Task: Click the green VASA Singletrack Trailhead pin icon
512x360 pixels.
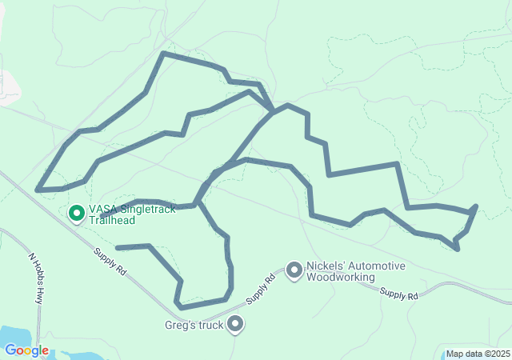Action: click(x=77, y=213)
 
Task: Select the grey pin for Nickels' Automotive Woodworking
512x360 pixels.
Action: click(x=294, y=271)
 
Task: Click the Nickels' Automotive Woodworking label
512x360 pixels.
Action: click(x=355, y=272)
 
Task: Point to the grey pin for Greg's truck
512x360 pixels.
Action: click(x=235, y=324)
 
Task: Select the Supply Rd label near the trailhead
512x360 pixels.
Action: click(x=110, y=262)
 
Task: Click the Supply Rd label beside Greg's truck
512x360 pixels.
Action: click(x=260, y=290)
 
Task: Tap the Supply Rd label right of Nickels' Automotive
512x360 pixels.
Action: click(x=399, y=295)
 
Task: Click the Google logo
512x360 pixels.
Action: click(x=26, y=350)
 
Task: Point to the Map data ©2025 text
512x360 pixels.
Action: click(x=477, y=354)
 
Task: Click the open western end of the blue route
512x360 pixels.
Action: click(x=118, y=248)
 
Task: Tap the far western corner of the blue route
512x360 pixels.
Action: click(x=38, y=190)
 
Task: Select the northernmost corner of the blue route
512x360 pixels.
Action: click(x=163, y=54)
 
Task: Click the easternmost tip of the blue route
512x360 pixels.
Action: click(x=477, y=206)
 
